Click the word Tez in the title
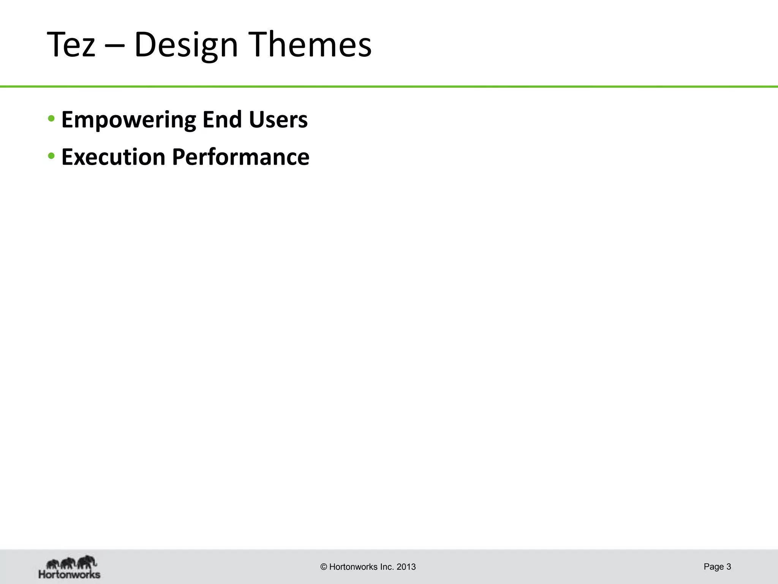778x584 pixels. click(x=71, y=45)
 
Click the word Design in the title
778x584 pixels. click(x=186, y=45)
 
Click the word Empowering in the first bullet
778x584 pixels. click(x=128, y=120)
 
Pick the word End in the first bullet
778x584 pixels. click(x=222, y=120)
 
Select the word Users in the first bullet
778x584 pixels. click(x=278, y=120)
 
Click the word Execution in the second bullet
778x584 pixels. click(x=113, y=157)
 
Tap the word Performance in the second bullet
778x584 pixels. click(x=240, y=157)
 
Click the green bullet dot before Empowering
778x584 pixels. click(x=51, y=119)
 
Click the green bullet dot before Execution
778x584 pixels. click(x=51, y=156)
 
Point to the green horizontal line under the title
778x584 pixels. click(x=389, y=87)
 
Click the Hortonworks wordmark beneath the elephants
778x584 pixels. click(x=70, y=574)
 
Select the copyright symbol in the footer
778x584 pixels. click(x=324, y=567)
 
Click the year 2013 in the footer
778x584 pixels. click(x=406, y=567)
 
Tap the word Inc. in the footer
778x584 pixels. click(x=387, y=567)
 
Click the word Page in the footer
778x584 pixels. click(x=713, y=567)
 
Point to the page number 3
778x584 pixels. click(x=729, y=567)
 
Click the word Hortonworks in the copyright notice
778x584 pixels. click(x=353, y=567)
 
